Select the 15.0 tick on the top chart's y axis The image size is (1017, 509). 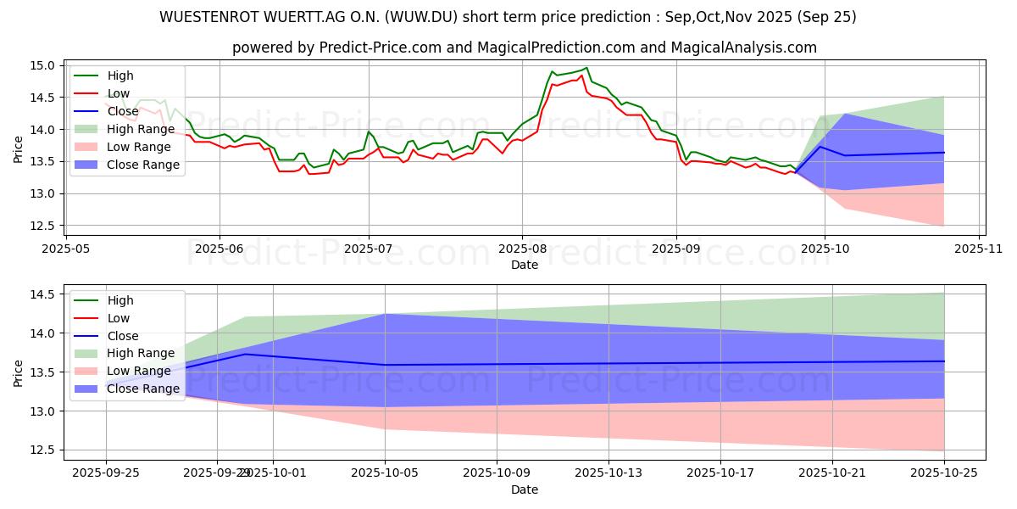tap(45, 65)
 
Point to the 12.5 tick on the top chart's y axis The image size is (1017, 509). tap(45, 226)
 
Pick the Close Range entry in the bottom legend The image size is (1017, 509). tap(143, 389)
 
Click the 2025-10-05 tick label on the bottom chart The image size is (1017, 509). tap(386, 472)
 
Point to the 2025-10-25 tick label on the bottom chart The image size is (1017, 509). tap(943, 472)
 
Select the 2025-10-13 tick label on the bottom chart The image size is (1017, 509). tap(609, 472)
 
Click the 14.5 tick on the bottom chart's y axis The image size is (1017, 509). tap(45, 294)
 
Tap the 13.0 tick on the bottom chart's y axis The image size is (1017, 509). tap(45, 411)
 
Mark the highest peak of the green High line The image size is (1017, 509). tap(586, 68)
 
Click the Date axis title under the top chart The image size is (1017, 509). tap(524, 265)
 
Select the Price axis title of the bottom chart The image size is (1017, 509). tap(18, 372)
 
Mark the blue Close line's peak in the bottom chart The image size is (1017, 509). tap(245, 354)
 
